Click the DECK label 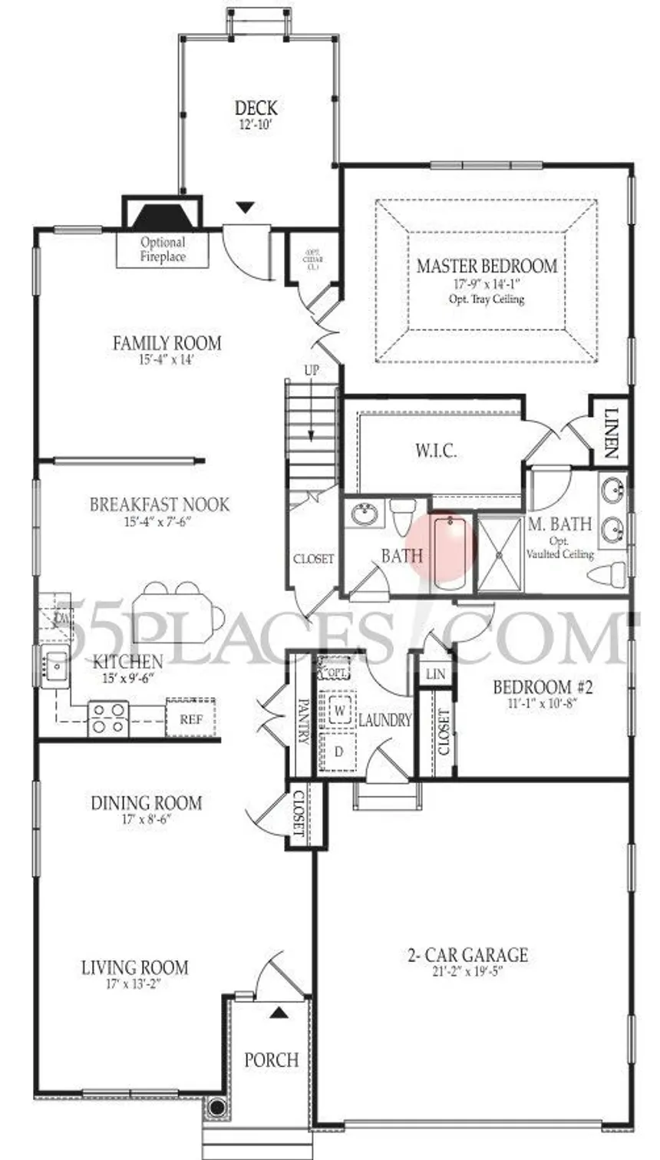[x=256, y=109]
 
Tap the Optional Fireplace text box [x=163, y=250]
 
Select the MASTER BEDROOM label [x=487, y=266]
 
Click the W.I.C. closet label [x=435, y=451]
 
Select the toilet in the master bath [x=614, y=574]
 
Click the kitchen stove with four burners [x=108, y=719]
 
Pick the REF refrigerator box [x=190, y=719]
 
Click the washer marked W [x=338, y=711]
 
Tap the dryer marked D [x=338, y=752]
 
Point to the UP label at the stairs [x=312, y=371]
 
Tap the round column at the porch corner [x=217, y=1108]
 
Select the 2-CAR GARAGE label [x=467, y=955]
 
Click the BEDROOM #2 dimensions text [x=542, y=704]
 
